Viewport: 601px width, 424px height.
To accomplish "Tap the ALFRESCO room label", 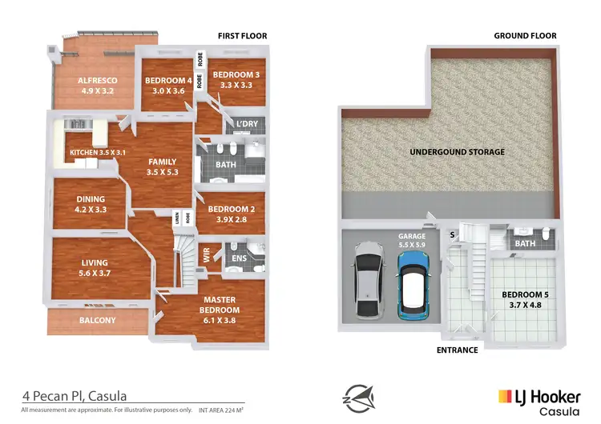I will click(98, 86).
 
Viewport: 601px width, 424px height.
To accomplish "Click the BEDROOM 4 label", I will click(168, 86).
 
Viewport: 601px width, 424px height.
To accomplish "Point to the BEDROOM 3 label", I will click(236, 79).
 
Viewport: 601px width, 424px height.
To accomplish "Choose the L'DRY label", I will click(245, 124).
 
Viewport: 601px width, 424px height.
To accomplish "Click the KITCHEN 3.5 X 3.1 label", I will click(98, 152).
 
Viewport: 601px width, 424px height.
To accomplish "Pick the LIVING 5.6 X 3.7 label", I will click(94, 267).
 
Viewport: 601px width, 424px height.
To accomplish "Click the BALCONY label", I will click(97, 321).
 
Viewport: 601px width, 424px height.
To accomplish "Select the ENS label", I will click(240, 258).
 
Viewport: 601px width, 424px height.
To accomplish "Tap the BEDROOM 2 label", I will click(232, 214).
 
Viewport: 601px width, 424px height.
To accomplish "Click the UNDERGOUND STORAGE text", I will click(457, 152).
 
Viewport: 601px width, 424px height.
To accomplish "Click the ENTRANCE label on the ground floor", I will click(457, 350).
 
